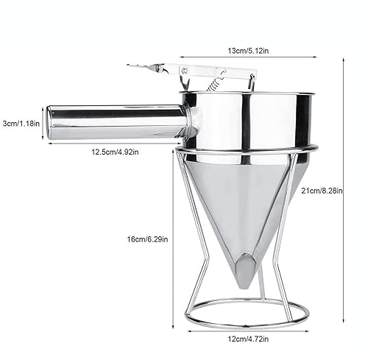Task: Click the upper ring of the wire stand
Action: (x=247, y=152)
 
